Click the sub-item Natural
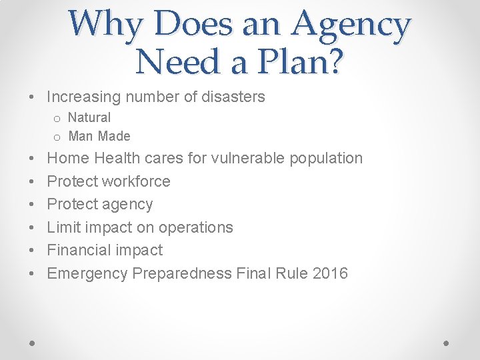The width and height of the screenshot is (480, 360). coord(89,117)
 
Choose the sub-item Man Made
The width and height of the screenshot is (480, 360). coord(99,136)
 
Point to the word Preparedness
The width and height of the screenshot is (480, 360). coord(183,273)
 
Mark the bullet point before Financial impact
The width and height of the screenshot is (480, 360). coord(33,251)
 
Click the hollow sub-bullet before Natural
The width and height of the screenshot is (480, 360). coord(57,119)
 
